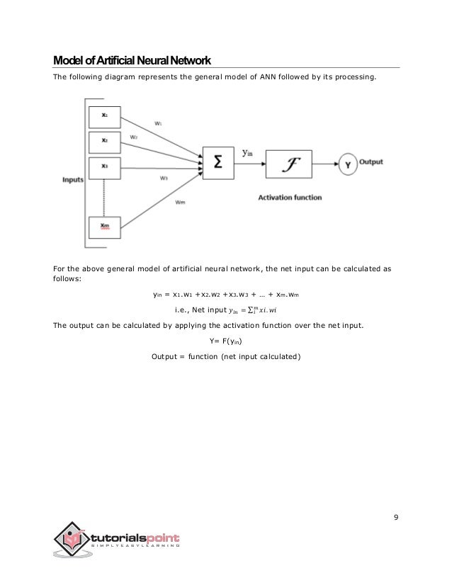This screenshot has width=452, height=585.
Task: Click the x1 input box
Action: pos(104,114)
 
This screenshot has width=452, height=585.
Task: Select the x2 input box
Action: pos(104,140)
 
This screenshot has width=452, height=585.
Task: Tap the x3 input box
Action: pos(104,166)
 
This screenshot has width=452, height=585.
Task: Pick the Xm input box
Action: pos(104,227)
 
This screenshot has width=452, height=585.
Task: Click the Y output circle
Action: pos(349,164)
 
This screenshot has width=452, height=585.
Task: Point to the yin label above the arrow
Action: pos(249,152)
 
